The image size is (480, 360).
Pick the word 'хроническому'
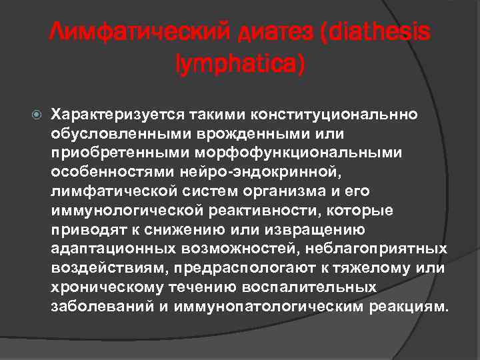pyautogui.click(x=97, y=288)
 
